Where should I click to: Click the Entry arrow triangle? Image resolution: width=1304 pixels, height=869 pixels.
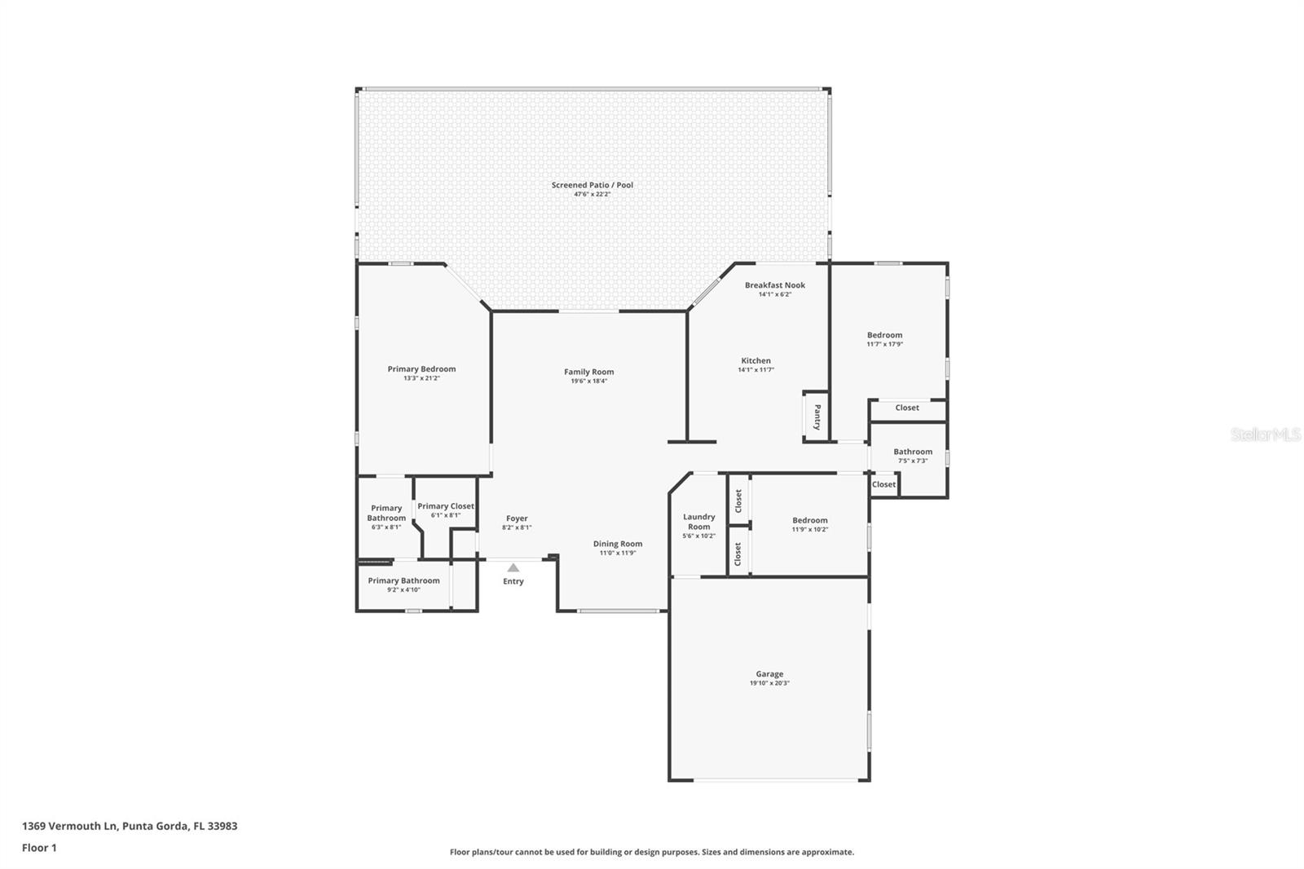tap(513, 568)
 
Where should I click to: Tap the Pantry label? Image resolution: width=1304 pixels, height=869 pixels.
tap(817, 417)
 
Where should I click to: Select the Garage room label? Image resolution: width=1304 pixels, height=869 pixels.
tap(769, 674)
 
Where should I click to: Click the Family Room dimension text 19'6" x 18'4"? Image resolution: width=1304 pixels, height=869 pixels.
tap(588, 382)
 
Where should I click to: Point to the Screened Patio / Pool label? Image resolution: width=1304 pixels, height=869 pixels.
tap(592, 185)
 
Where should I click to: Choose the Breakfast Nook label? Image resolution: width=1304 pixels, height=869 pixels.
tap(774, 285)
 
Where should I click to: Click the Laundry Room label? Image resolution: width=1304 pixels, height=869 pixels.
tap(698, 522)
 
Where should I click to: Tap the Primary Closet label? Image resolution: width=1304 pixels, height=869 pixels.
tap(446, 506)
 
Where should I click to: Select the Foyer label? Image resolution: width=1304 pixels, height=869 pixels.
tap(517, 518)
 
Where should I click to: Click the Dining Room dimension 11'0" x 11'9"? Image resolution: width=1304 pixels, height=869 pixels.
tap(617, 554)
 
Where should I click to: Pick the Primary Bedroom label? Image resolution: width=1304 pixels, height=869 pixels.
tap(421, 369)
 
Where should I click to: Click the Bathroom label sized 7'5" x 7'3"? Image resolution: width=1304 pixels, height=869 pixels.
tap(912, 452)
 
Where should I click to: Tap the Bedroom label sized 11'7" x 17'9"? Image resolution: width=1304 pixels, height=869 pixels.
tap(884, 335)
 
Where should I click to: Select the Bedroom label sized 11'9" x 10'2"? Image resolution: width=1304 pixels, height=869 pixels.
tap(809, 520)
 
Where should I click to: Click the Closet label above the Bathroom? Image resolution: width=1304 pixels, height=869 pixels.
tap(906, 408)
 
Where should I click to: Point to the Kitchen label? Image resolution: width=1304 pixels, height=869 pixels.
tap(756, 360)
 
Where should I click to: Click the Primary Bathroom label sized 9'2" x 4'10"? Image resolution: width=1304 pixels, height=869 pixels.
tap(403, 580)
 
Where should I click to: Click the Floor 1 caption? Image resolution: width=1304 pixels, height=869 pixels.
tap(39, 848)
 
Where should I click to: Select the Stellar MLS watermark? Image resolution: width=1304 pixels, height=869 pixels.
tap(1265, 435)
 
